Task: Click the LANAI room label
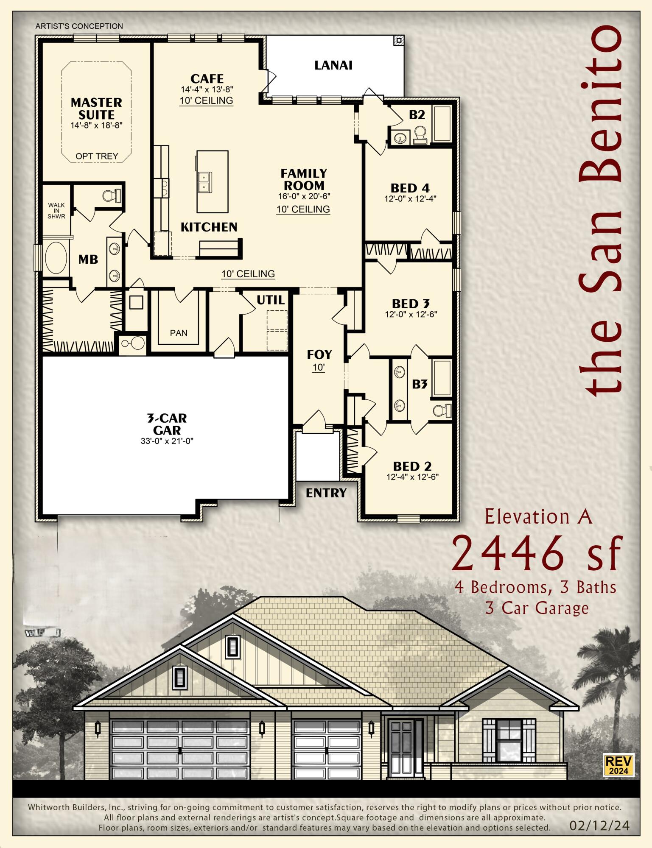pyautogui.click(x=333, y=65)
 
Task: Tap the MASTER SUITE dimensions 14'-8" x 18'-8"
pyautogui.click(x=97, y=126)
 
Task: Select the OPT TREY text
pyautogui.click(x=97, y=156)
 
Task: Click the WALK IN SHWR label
pyautogui.click(x=56, y=211)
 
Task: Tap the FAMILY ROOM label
pyautogui.click(x=304, y=179)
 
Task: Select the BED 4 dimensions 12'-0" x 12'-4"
pyautogui.click(x=410, y=198)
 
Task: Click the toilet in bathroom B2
pyautogui.click(x=420, y=134)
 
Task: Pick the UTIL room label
pyautogui.click(x=270, y=300)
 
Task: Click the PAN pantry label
pyautogui.click(x=179, y=333)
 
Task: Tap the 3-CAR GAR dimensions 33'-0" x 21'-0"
pyautogui.click(x=167, y=441)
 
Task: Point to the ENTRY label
pyautogui.click(x=326, y=493)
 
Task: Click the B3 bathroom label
pyautogui.click(x=420, y=384)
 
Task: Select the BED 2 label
pyautogui.click(x=412, y=466)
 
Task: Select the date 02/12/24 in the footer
pyautogui.click(x=599, y=826)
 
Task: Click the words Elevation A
pyautogui.click(x=538, y=517)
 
